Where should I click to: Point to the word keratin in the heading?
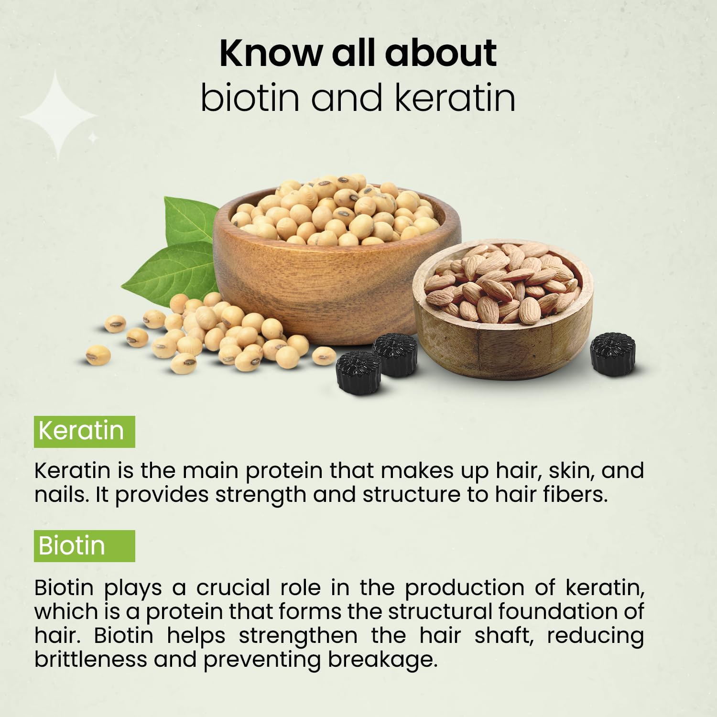point(456,98)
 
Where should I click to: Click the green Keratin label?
point(84,431)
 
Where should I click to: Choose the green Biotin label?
point(84,546)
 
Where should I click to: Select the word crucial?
point(233,587)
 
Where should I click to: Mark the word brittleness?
point(91,660)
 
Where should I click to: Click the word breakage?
point(383,660)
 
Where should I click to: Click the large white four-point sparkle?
point(58,116)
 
